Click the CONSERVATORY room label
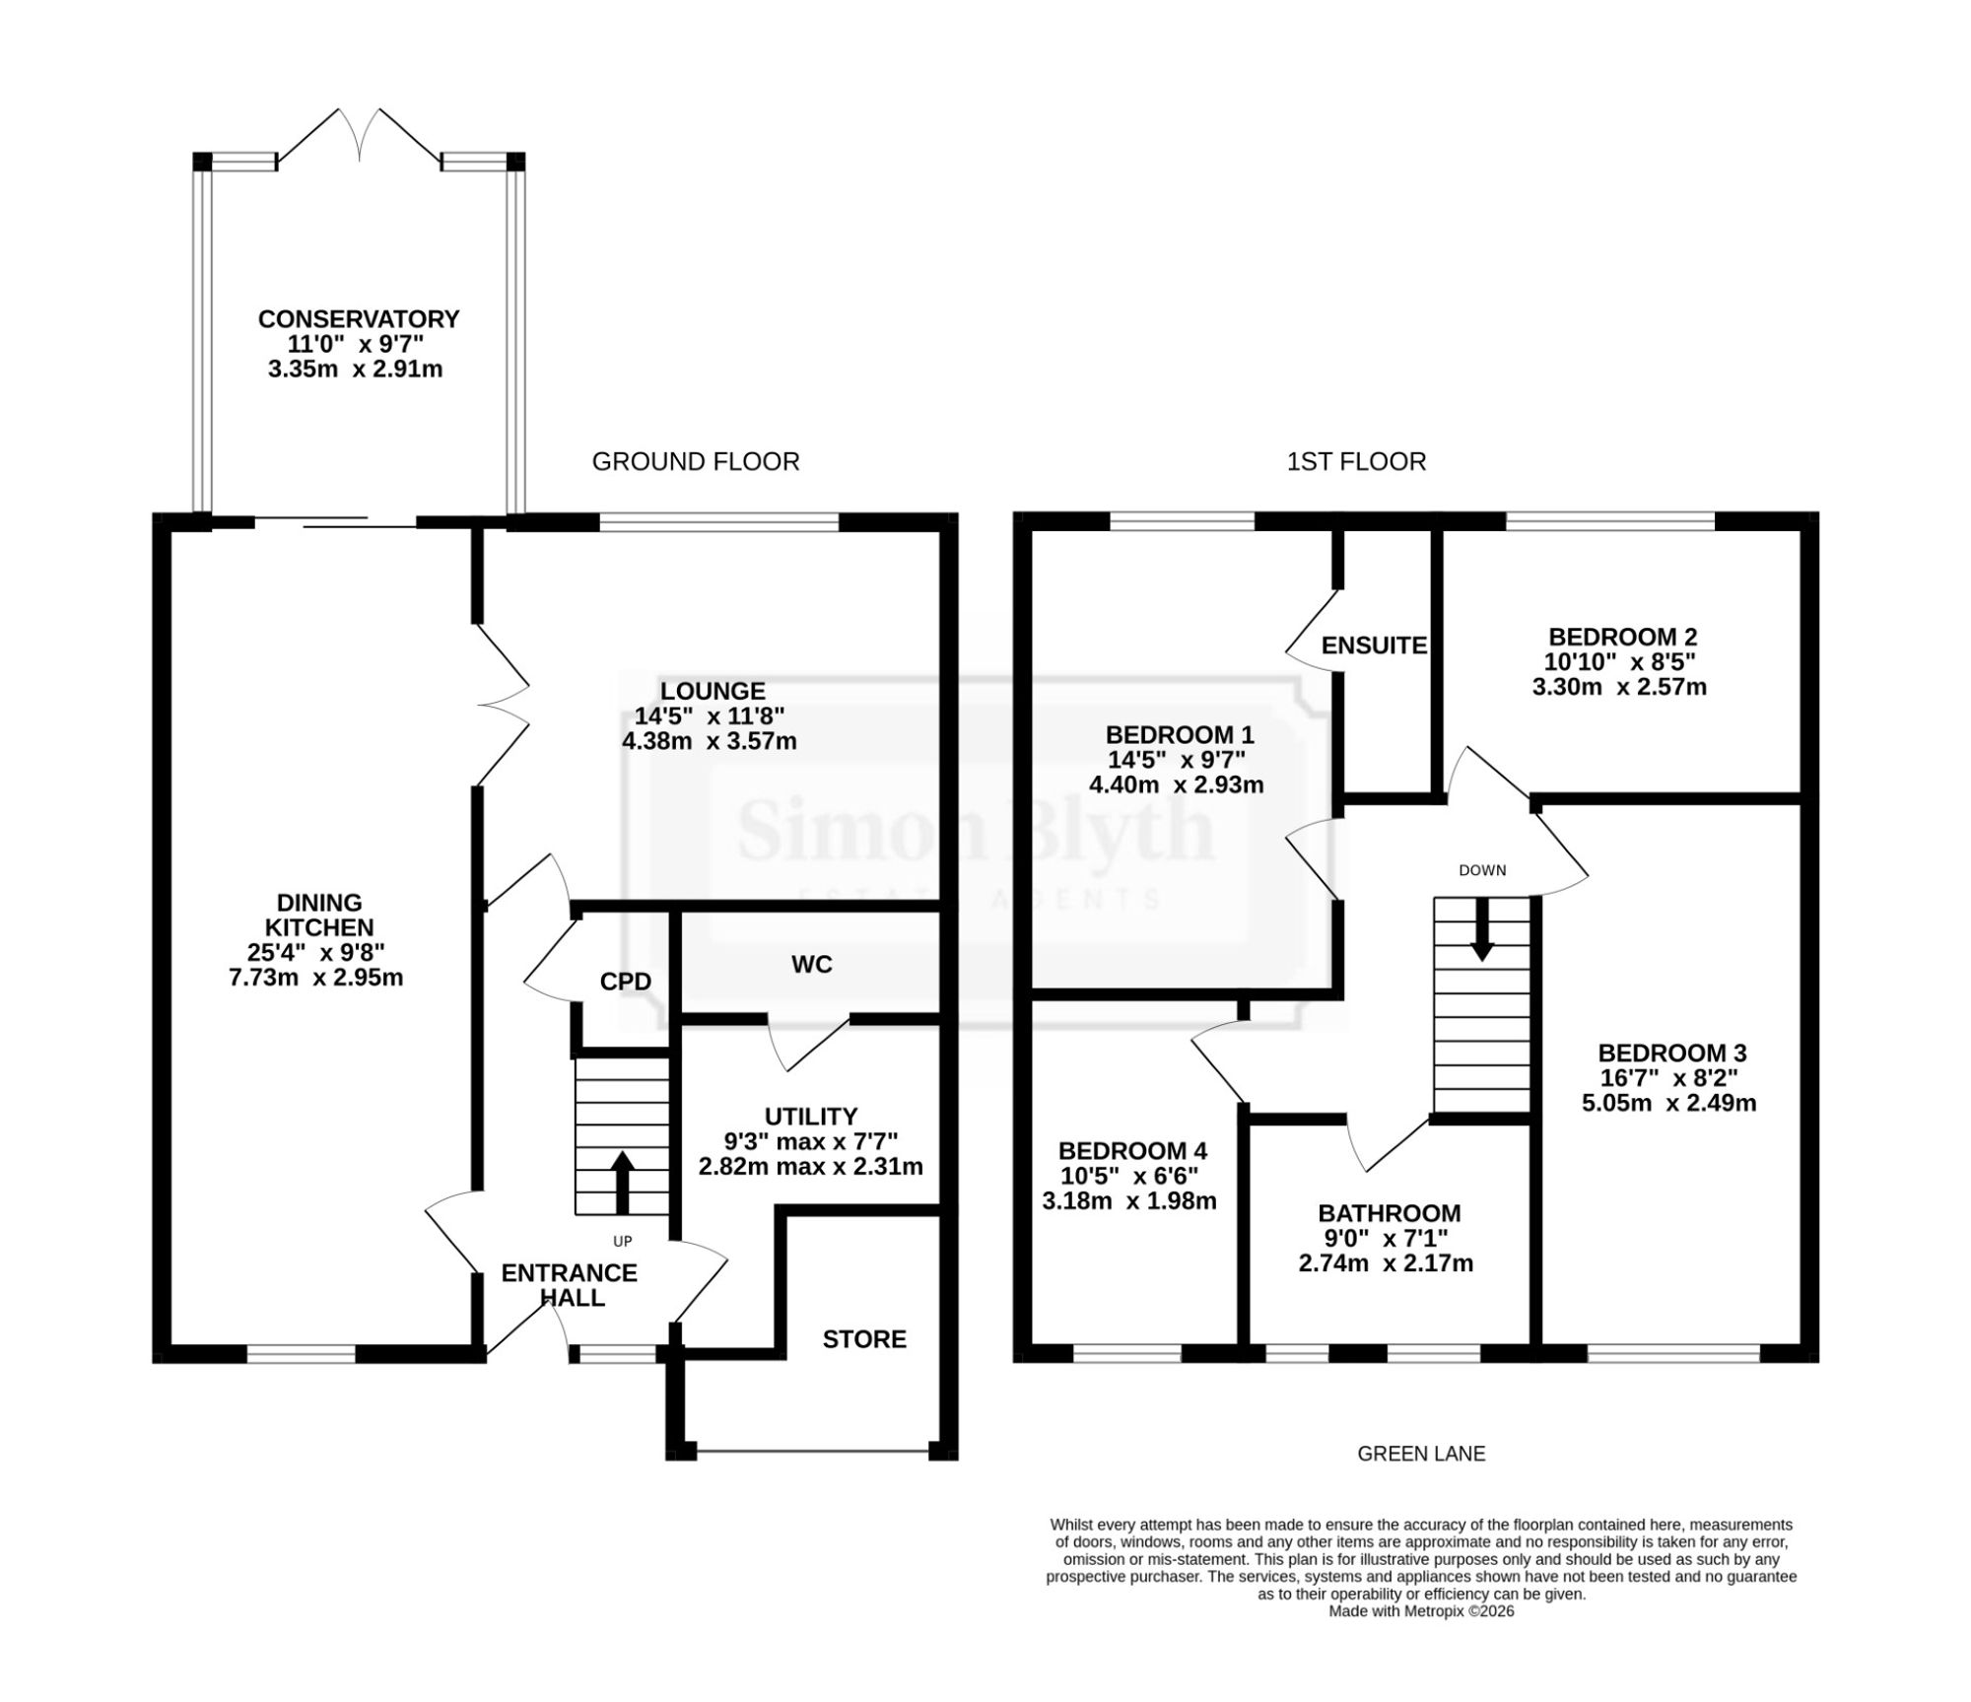359,319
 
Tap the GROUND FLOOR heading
696,461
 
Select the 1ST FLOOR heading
1356,461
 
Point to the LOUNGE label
713,692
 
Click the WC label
812,965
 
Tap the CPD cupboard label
626,982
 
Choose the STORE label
864,1339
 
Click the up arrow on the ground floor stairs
622,1183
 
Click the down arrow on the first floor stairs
1481,928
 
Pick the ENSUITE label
1374,646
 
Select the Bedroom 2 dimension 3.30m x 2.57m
1619,687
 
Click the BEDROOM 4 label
1132,1151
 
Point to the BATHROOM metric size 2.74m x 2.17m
1386,1263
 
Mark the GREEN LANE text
1421,1454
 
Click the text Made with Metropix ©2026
1421,1611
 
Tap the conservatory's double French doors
359,135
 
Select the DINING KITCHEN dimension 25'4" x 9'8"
315,953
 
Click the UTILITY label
811,1117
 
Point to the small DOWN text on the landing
1482,870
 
